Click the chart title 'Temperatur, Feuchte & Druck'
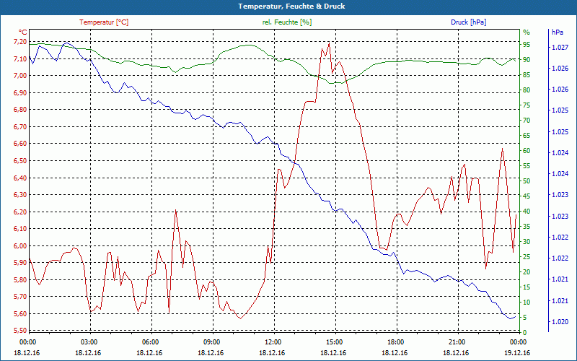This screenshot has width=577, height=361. [288, 6]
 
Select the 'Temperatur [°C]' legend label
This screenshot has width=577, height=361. [104, 22]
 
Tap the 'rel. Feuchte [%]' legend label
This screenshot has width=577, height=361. [287, 22]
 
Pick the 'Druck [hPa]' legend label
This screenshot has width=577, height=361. [468, 22]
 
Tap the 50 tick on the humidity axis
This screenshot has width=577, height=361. [527, 181]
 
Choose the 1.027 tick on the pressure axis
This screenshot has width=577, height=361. [559, 48]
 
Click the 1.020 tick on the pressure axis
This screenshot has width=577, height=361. [559, 321]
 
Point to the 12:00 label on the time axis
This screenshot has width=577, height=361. [273, 342]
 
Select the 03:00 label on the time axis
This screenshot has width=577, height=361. [89, 342]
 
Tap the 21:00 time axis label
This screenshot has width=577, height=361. [457, 342]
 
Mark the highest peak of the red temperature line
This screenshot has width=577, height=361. [329, 42]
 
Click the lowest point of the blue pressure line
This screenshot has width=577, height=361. [510, 318]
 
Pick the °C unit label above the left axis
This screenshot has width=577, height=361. [23, 32]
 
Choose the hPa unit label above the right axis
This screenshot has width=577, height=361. [558, 32]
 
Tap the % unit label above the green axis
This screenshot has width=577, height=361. [527, 32]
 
